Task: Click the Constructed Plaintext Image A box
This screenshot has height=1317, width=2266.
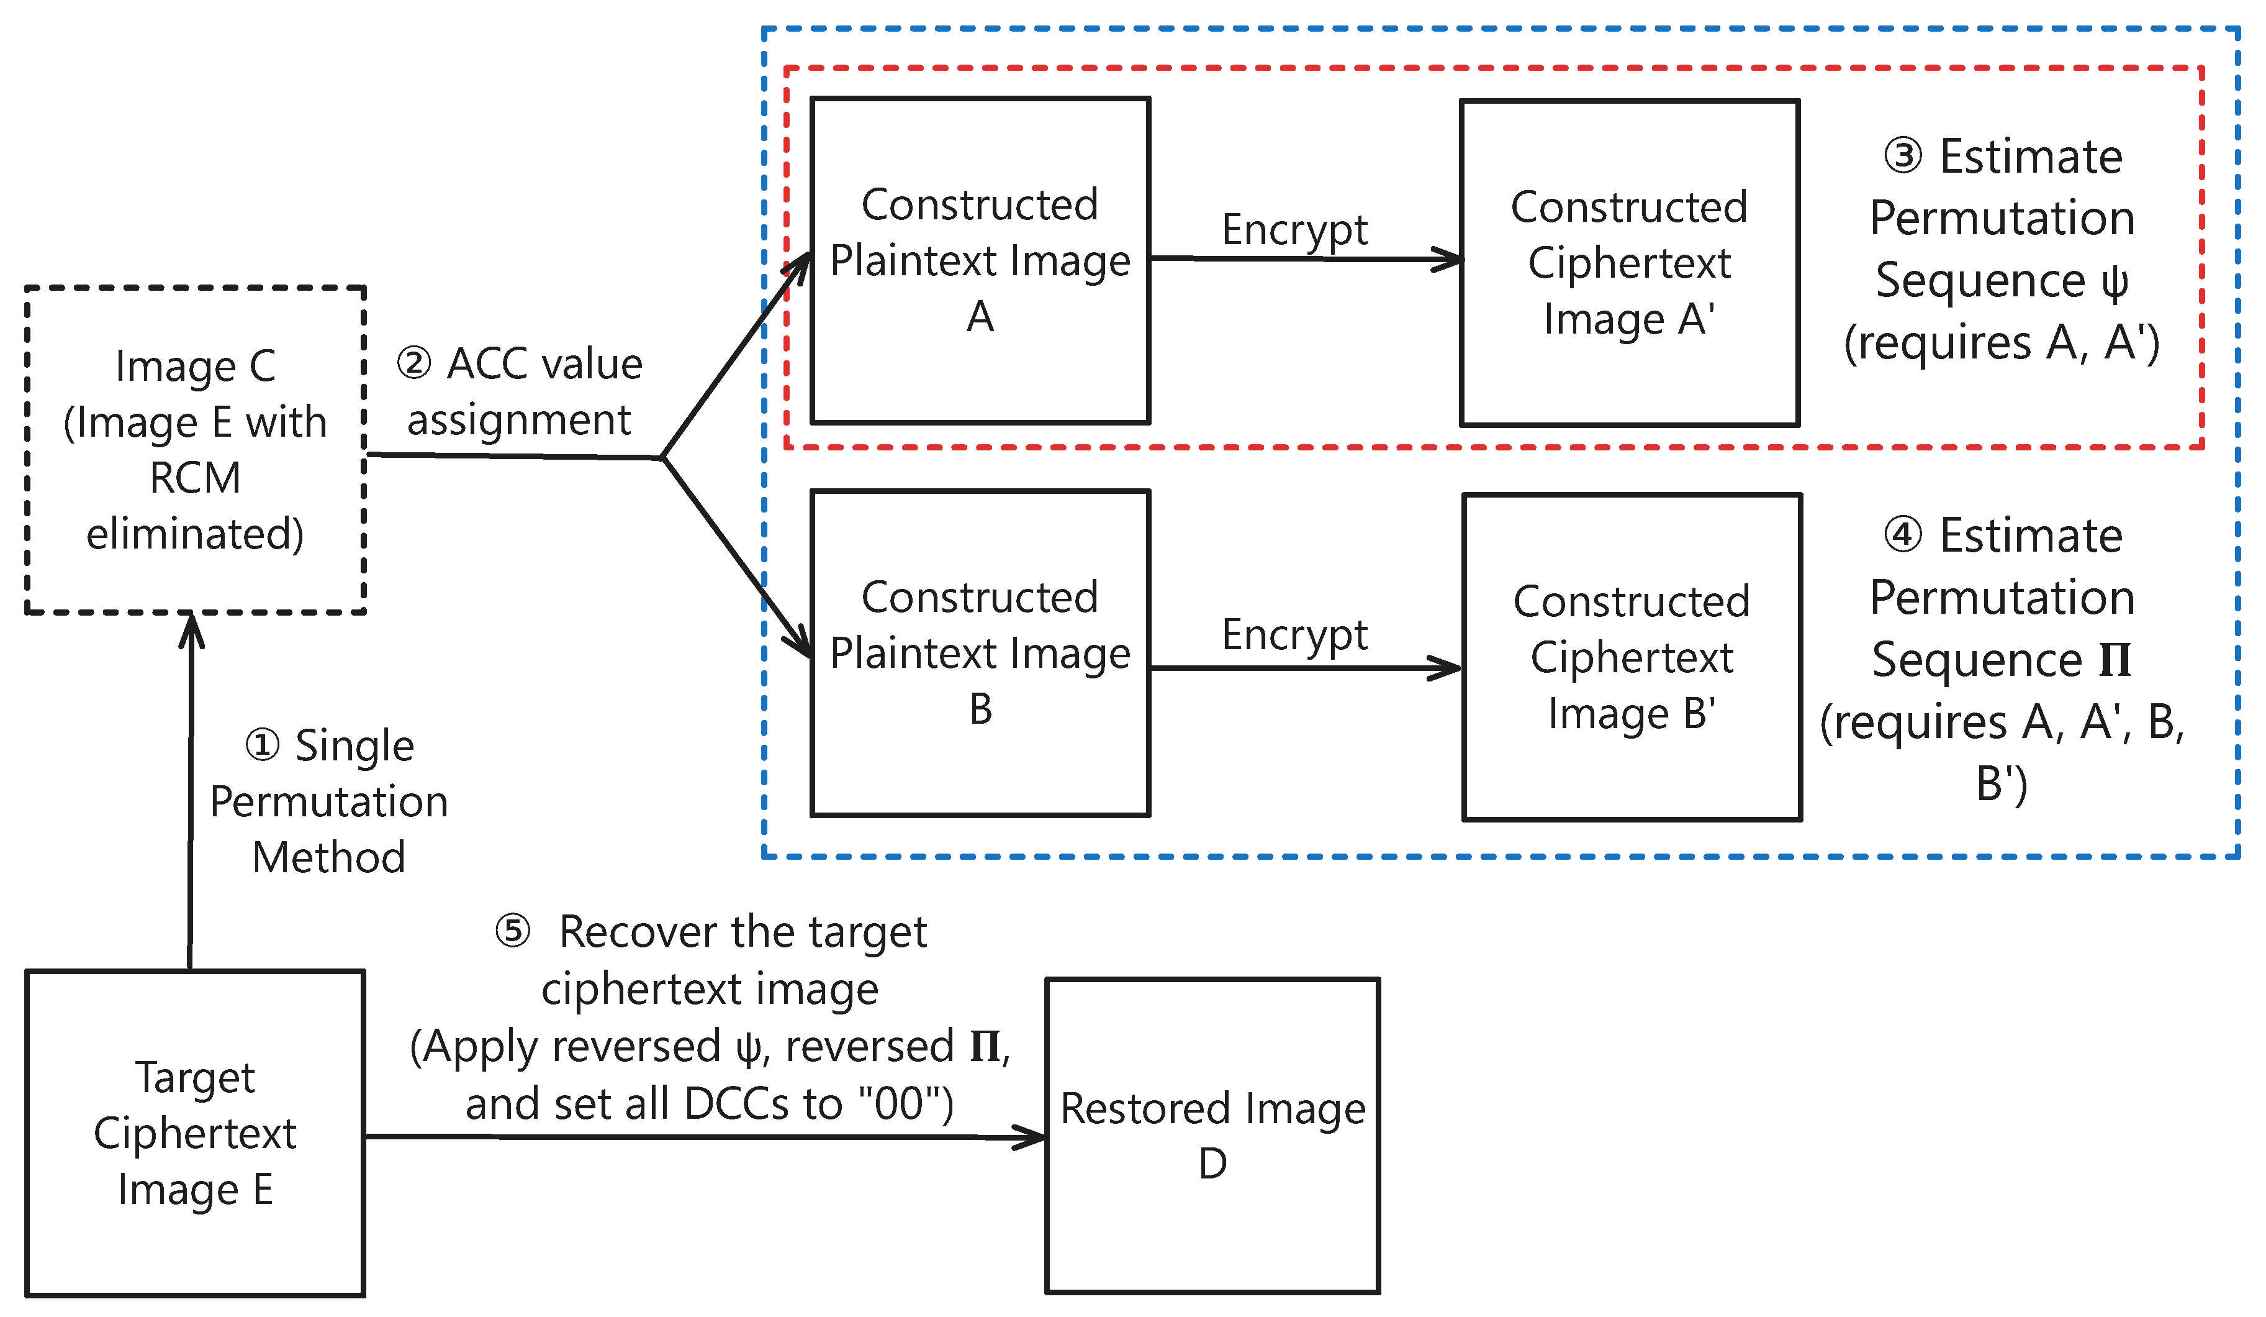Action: [980, 261]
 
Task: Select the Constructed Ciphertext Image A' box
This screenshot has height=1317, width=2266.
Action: [1630, 263]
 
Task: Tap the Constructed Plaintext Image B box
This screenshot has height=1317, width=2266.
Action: [980, 653]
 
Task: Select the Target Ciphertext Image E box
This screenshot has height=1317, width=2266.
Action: [195, 1134]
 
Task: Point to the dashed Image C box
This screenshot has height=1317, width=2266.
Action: [195, 450]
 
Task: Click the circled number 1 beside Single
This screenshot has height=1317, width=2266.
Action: [263, 745]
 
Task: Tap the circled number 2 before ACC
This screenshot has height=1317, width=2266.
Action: [413, 364]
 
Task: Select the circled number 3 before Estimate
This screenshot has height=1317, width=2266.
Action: [1903, 157]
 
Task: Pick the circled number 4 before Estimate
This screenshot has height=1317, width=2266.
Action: [1903, 536]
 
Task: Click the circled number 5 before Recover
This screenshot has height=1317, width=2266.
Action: [513, 932]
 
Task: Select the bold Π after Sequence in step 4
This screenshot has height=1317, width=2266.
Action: [2115, 660]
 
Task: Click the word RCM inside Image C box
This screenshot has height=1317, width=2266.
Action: [195, 478]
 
